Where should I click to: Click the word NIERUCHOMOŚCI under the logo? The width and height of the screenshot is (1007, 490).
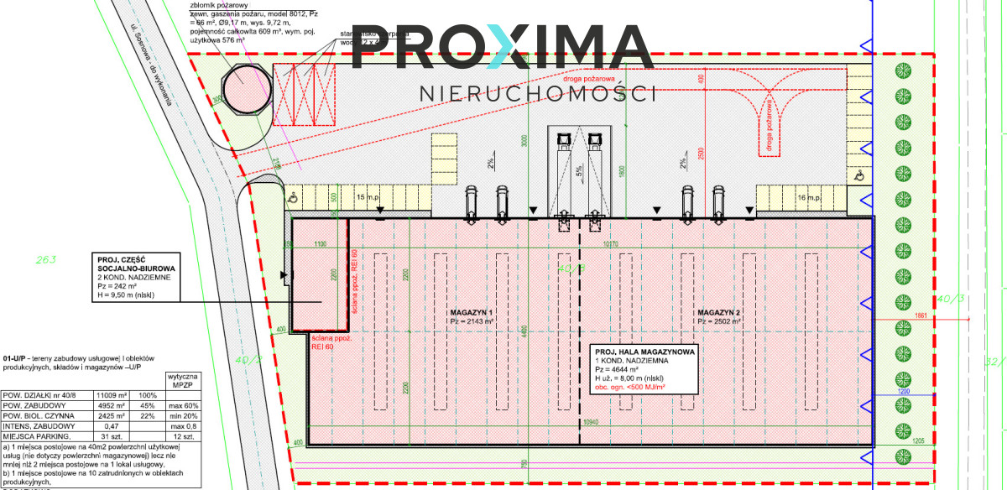click(x=537, y=93)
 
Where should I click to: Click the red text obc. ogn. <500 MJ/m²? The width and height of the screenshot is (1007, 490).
click(x=630, y=387)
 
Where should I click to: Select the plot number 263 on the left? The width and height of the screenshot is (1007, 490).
click(x=45, y=260)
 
